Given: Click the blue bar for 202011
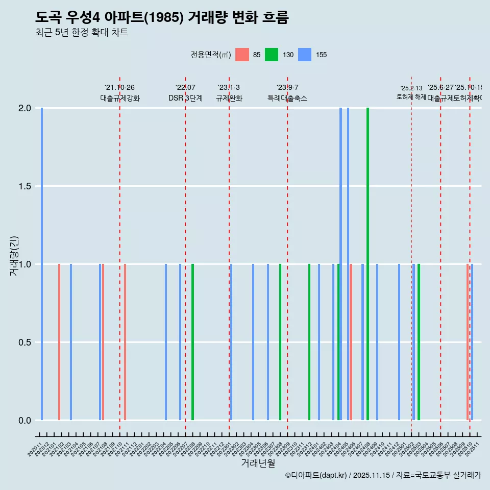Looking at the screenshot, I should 42,264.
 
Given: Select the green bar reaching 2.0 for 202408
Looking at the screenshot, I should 367,264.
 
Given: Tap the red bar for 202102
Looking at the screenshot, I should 59,342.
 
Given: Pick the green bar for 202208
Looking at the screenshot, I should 192,342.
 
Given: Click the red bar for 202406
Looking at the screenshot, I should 351,342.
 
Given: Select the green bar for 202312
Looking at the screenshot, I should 309,342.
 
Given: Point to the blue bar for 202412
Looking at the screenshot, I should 399,342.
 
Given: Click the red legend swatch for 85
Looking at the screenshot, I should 242,55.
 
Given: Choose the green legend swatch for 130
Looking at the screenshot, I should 272,55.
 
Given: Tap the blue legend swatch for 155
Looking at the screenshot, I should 305,55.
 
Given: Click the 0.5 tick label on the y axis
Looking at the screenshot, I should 24,342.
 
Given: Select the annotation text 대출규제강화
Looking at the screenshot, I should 119,99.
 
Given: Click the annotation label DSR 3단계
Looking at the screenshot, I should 185,99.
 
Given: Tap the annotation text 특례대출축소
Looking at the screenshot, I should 287,99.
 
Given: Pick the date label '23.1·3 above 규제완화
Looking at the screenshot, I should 229,88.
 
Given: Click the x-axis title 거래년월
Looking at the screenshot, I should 258,463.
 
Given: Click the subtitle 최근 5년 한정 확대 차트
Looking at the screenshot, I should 82,33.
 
